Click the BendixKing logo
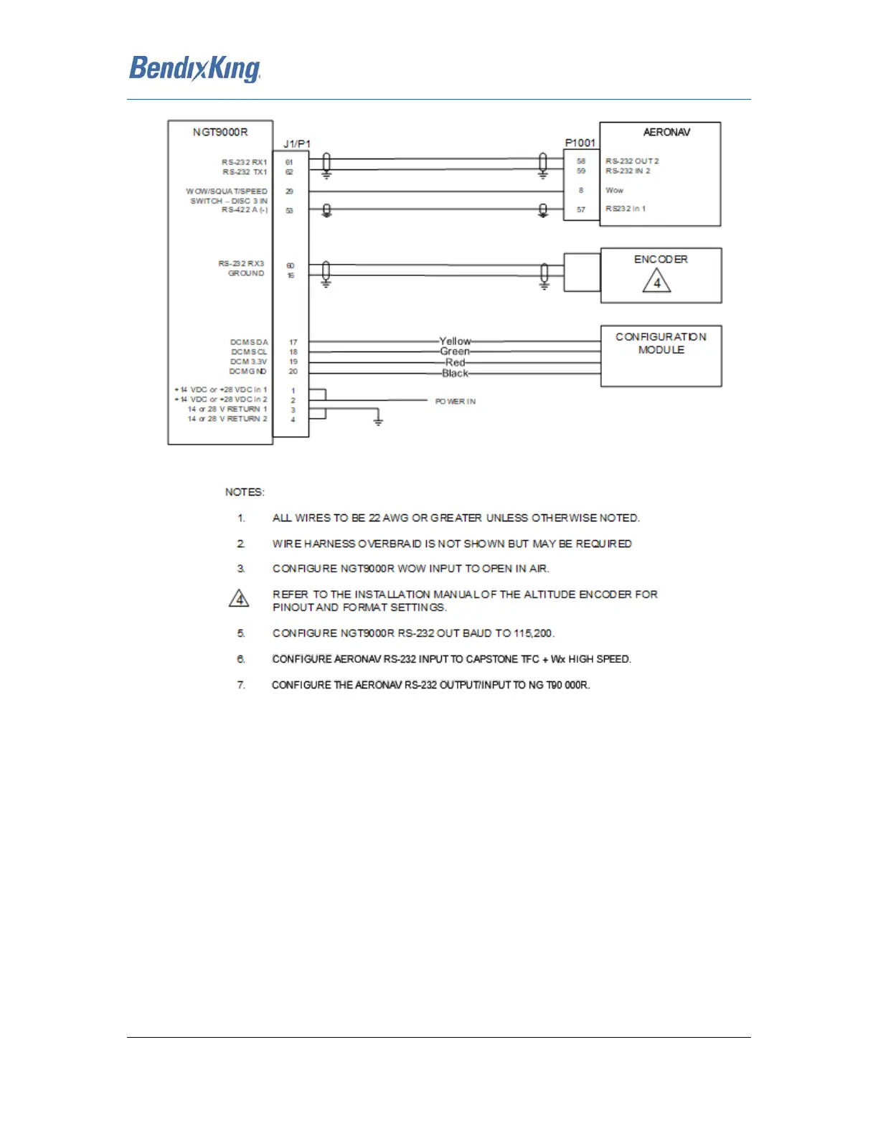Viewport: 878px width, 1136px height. pyautogui.click(x=194, y=70)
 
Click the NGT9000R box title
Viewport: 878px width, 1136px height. pyautogui.click(x=220, y=132)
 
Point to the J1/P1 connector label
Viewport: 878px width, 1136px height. pyautogui.click(x=297, y=144)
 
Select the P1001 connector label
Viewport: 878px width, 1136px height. pyautogui.click(x=580, y=143)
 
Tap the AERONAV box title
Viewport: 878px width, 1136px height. pyautogui.click(x=666, y=132)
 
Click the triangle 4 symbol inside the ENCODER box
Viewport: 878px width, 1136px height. pyautogui.click(x=656, y=282)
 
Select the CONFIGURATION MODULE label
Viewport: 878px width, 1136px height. pyautogui.click(x=661, y=343)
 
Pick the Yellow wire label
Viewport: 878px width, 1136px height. pyautogui.click(x=455, y=341)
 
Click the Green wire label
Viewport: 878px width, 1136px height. pyautogui.click(x=455, y=351)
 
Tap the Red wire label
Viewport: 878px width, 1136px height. pyautogui.click(x=455, y=362)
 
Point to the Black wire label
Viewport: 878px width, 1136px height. pyautogui.click(x=455, y=373)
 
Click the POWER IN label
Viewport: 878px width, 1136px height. pyautogui.click(x=455, y=402)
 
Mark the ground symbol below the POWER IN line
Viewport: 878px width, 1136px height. pyautogui.click(x=378, y=421)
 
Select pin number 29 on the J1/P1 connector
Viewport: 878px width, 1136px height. pyautogui.click(x=290, y=191)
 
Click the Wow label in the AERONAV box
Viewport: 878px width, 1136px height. pyautogui.click(x=615, y=190)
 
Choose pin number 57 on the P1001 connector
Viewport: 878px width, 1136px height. pyautogui.click(x=581, y=209)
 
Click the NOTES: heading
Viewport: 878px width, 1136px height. pyautogui.click(x=245, y=492)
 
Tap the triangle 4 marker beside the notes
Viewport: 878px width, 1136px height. pyautogui.click(x=239, y=598)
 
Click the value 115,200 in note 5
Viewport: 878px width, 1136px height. pyautogui.click(x=533, y=633)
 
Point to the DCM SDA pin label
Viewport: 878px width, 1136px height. pyautogui.click(x=249, y=342)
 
